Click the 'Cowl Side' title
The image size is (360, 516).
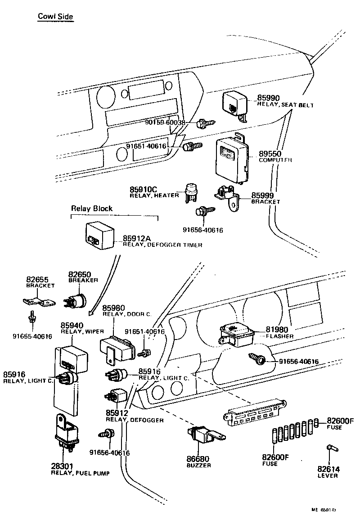coord(55,17)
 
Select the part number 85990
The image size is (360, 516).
coord(269,98)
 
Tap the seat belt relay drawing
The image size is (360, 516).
coord(235,105)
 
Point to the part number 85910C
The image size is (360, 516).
coord(145,189)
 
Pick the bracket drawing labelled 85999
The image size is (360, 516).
coord(227,197)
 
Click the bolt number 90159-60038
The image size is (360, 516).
coord(166,122)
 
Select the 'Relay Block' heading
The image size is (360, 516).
coord(92,208)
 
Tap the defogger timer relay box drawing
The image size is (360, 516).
coord(99,235)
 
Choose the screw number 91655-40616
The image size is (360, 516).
coord(32,336)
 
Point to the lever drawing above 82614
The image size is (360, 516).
coord(330,449)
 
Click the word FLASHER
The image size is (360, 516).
coord(279,336)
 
